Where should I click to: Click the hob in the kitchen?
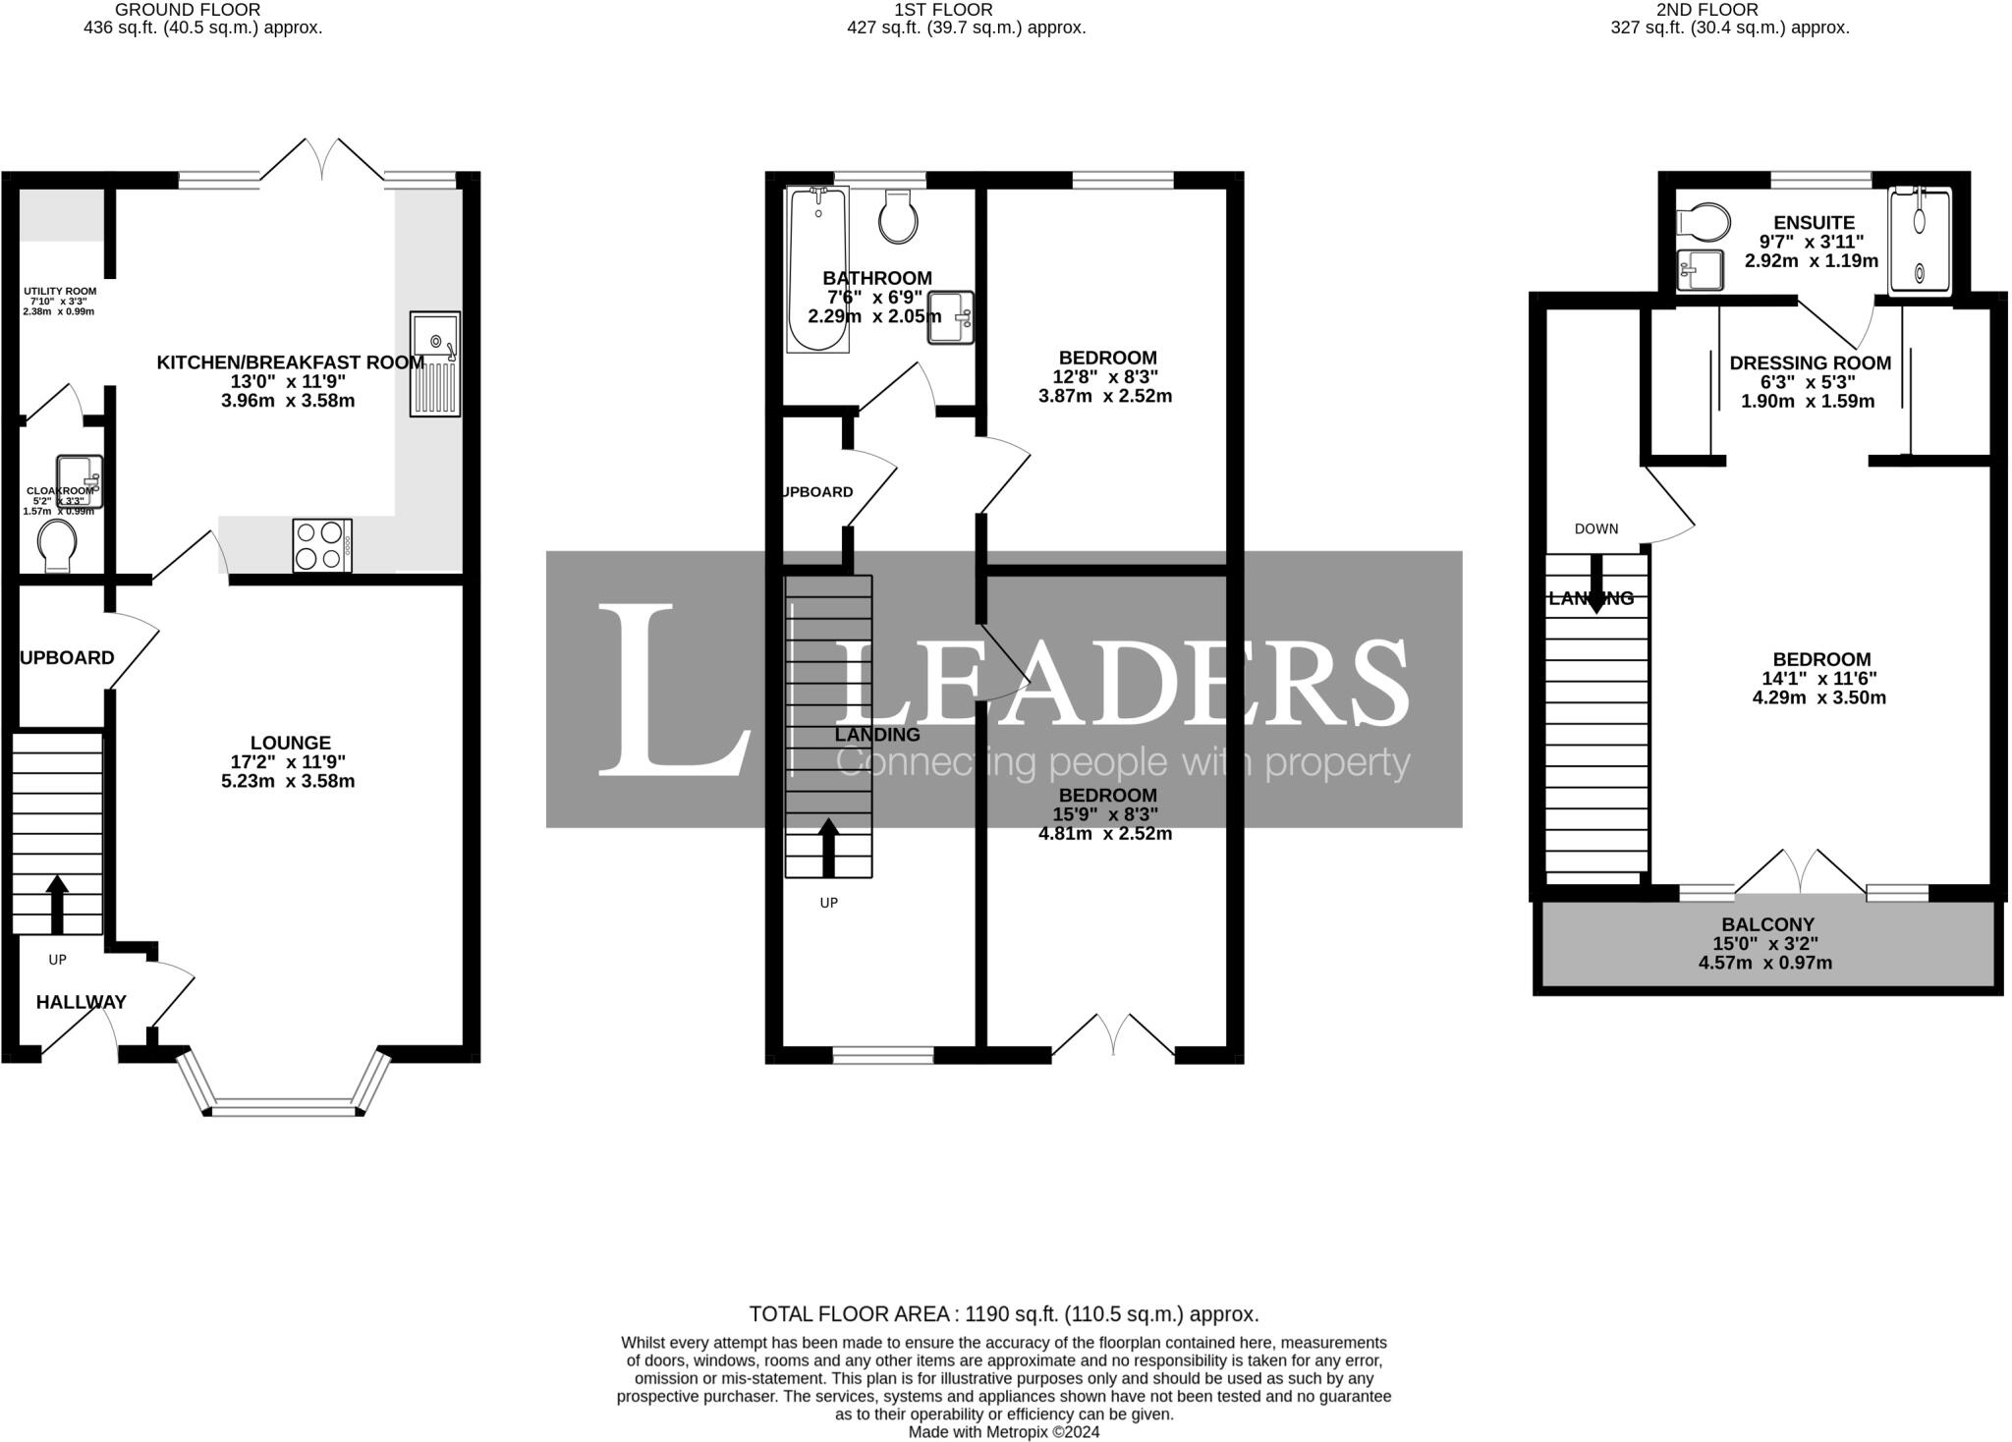(322, 545)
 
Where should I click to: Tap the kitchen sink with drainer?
(435, 363)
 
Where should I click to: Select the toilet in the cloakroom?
(57, 545)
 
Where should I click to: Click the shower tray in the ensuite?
(1919, 242)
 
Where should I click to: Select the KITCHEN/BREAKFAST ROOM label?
(291, 362)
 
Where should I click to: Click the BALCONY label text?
(1767, 924)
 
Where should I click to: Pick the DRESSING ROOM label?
(1810, 363)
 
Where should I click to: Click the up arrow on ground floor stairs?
(57, 904)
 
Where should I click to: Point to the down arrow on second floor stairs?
(1596, 584)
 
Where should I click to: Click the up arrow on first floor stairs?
(828, 848)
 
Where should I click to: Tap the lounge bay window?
(284, 1109)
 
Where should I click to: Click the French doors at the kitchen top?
(322, 161)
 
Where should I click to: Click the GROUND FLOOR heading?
(188, 10)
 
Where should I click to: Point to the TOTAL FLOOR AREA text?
(1003, 1314)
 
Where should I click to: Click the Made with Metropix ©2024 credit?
(1003, 1432)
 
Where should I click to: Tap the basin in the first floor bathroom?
(949, 317)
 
